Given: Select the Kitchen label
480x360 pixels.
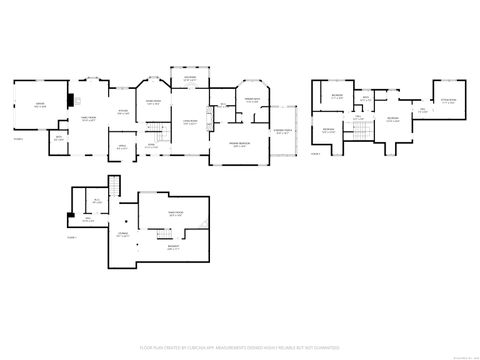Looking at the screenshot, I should pos(122,113).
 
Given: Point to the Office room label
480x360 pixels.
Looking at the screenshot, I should pos(120,147).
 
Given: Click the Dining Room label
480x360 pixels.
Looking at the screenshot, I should pos(153,102).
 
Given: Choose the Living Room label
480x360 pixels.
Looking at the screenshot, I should pos(190,122).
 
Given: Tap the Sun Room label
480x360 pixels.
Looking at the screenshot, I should pos(189,78).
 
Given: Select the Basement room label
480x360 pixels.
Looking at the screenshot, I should pos(173,247).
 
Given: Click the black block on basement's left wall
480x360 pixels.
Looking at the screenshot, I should pos(68,217).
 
